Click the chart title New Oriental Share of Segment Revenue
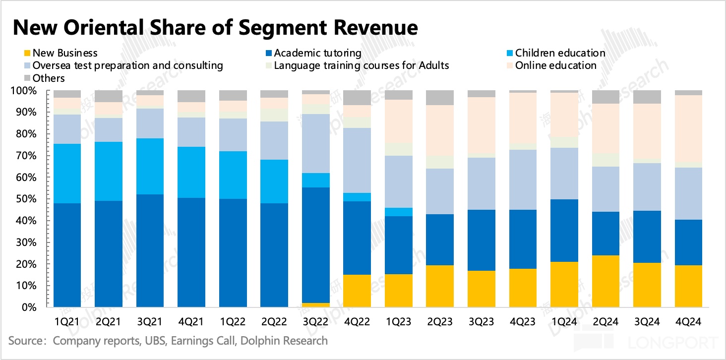(215, 28)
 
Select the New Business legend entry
(64, 53)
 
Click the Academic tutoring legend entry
(317, 53)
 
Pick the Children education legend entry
(560, 53)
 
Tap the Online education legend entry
(555, 65)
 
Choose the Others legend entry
(48, 78)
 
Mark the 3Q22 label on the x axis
(316, 322)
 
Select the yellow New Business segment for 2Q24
(606, 281)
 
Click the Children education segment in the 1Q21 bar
(67, 174)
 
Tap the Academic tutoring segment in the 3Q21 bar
(150, 250)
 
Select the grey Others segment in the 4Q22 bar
(358, 98)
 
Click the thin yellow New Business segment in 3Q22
(316, 305)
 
